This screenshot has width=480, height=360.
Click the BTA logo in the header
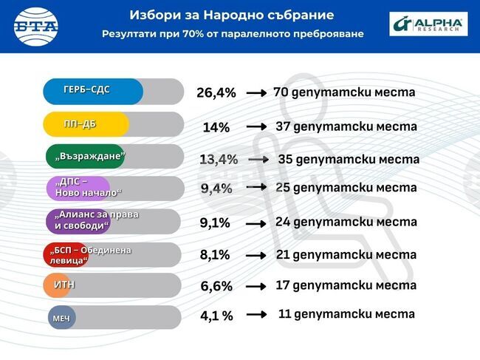[x=36, y=27]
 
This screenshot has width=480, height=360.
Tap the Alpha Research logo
[x=428, y=24]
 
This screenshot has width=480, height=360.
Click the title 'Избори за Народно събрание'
[x=231, y=15]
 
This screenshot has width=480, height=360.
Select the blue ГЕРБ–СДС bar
[x=92, y=91]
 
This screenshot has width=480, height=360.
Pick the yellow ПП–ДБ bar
[x=86, y=124]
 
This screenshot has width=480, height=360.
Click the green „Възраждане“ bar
[x=85, y=157]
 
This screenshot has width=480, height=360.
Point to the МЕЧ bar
[x=62, y=318]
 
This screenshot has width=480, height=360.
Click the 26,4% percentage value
[x=216, y=93]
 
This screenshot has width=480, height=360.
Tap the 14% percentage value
[x=216, y=127]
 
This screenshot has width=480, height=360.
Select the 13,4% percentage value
[x=219, y=160]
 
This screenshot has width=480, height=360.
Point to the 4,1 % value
[x=216, y=316]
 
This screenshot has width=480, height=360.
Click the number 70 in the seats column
[x=280, y=92]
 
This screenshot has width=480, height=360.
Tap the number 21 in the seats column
[x=283, y=254]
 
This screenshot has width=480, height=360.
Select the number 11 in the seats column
[x=284, y=313]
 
